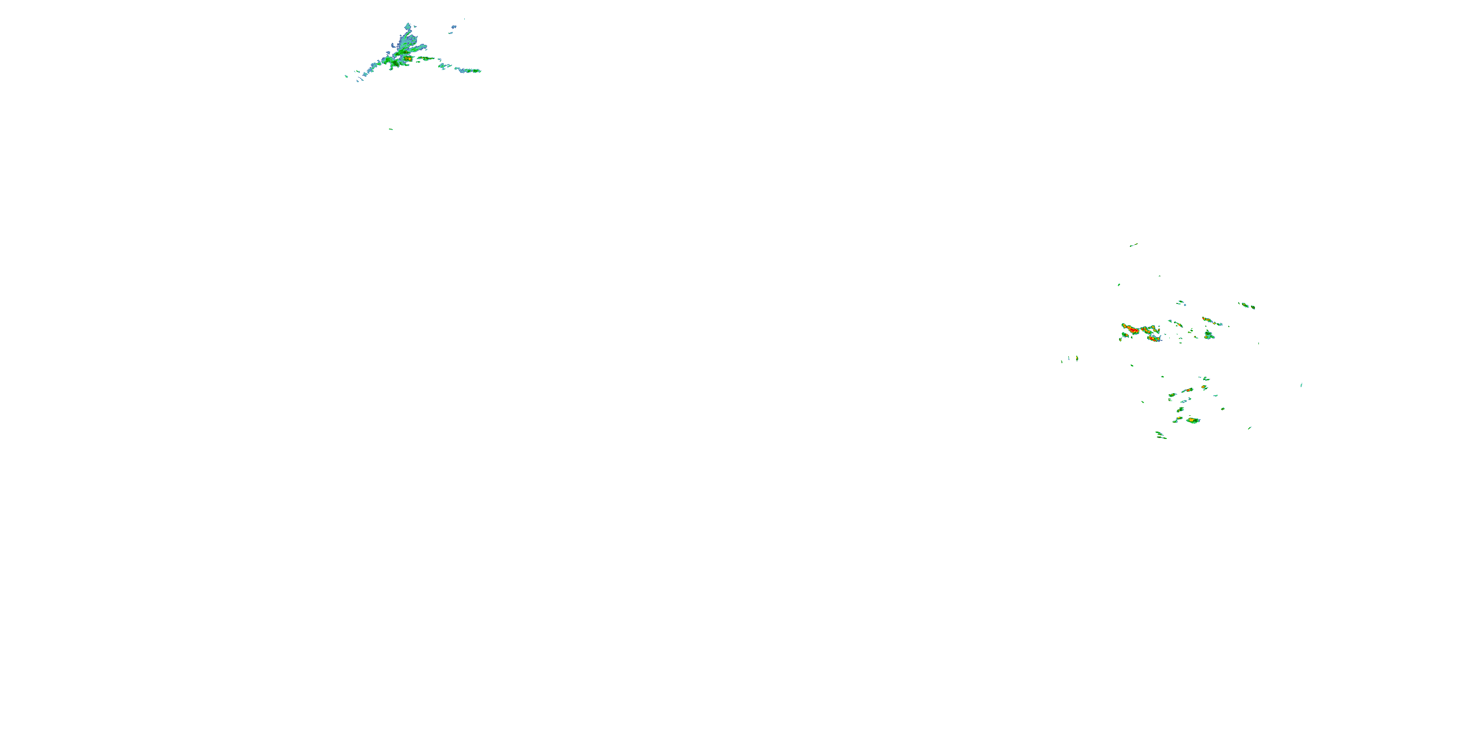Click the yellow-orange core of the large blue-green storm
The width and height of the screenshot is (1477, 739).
(x=408, y=58)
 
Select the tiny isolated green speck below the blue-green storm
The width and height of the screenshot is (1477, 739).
(x=390, y=129)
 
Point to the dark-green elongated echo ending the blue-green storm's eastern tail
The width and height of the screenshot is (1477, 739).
(x=474, y=70)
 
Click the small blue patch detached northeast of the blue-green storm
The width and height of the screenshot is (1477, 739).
(x=453, y=27)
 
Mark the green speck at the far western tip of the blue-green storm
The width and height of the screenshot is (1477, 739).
(x=346, y=76)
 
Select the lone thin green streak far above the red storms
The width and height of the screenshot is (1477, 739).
(x=1133, y=245)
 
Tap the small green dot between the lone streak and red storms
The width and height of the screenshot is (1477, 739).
(x=1119, y=284)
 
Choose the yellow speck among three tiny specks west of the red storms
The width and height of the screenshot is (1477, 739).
(x=1077, y=358)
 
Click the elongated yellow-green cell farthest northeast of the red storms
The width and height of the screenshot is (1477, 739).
(x=1247, y=305)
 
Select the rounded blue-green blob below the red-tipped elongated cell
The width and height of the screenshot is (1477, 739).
(x=1209, y=335)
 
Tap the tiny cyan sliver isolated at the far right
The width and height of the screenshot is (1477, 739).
(x=1301, y=384)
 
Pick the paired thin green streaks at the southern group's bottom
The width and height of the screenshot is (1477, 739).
(x=1160, y=436)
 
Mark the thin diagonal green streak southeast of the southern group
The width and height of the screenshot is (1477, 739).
(x=1250, y=428)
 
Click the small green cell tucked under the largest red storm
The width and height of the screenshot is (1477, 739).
(x=1125, y=336)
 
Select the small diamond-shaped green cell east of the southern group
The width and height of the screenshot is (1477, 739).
(x=1223, y=408)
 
